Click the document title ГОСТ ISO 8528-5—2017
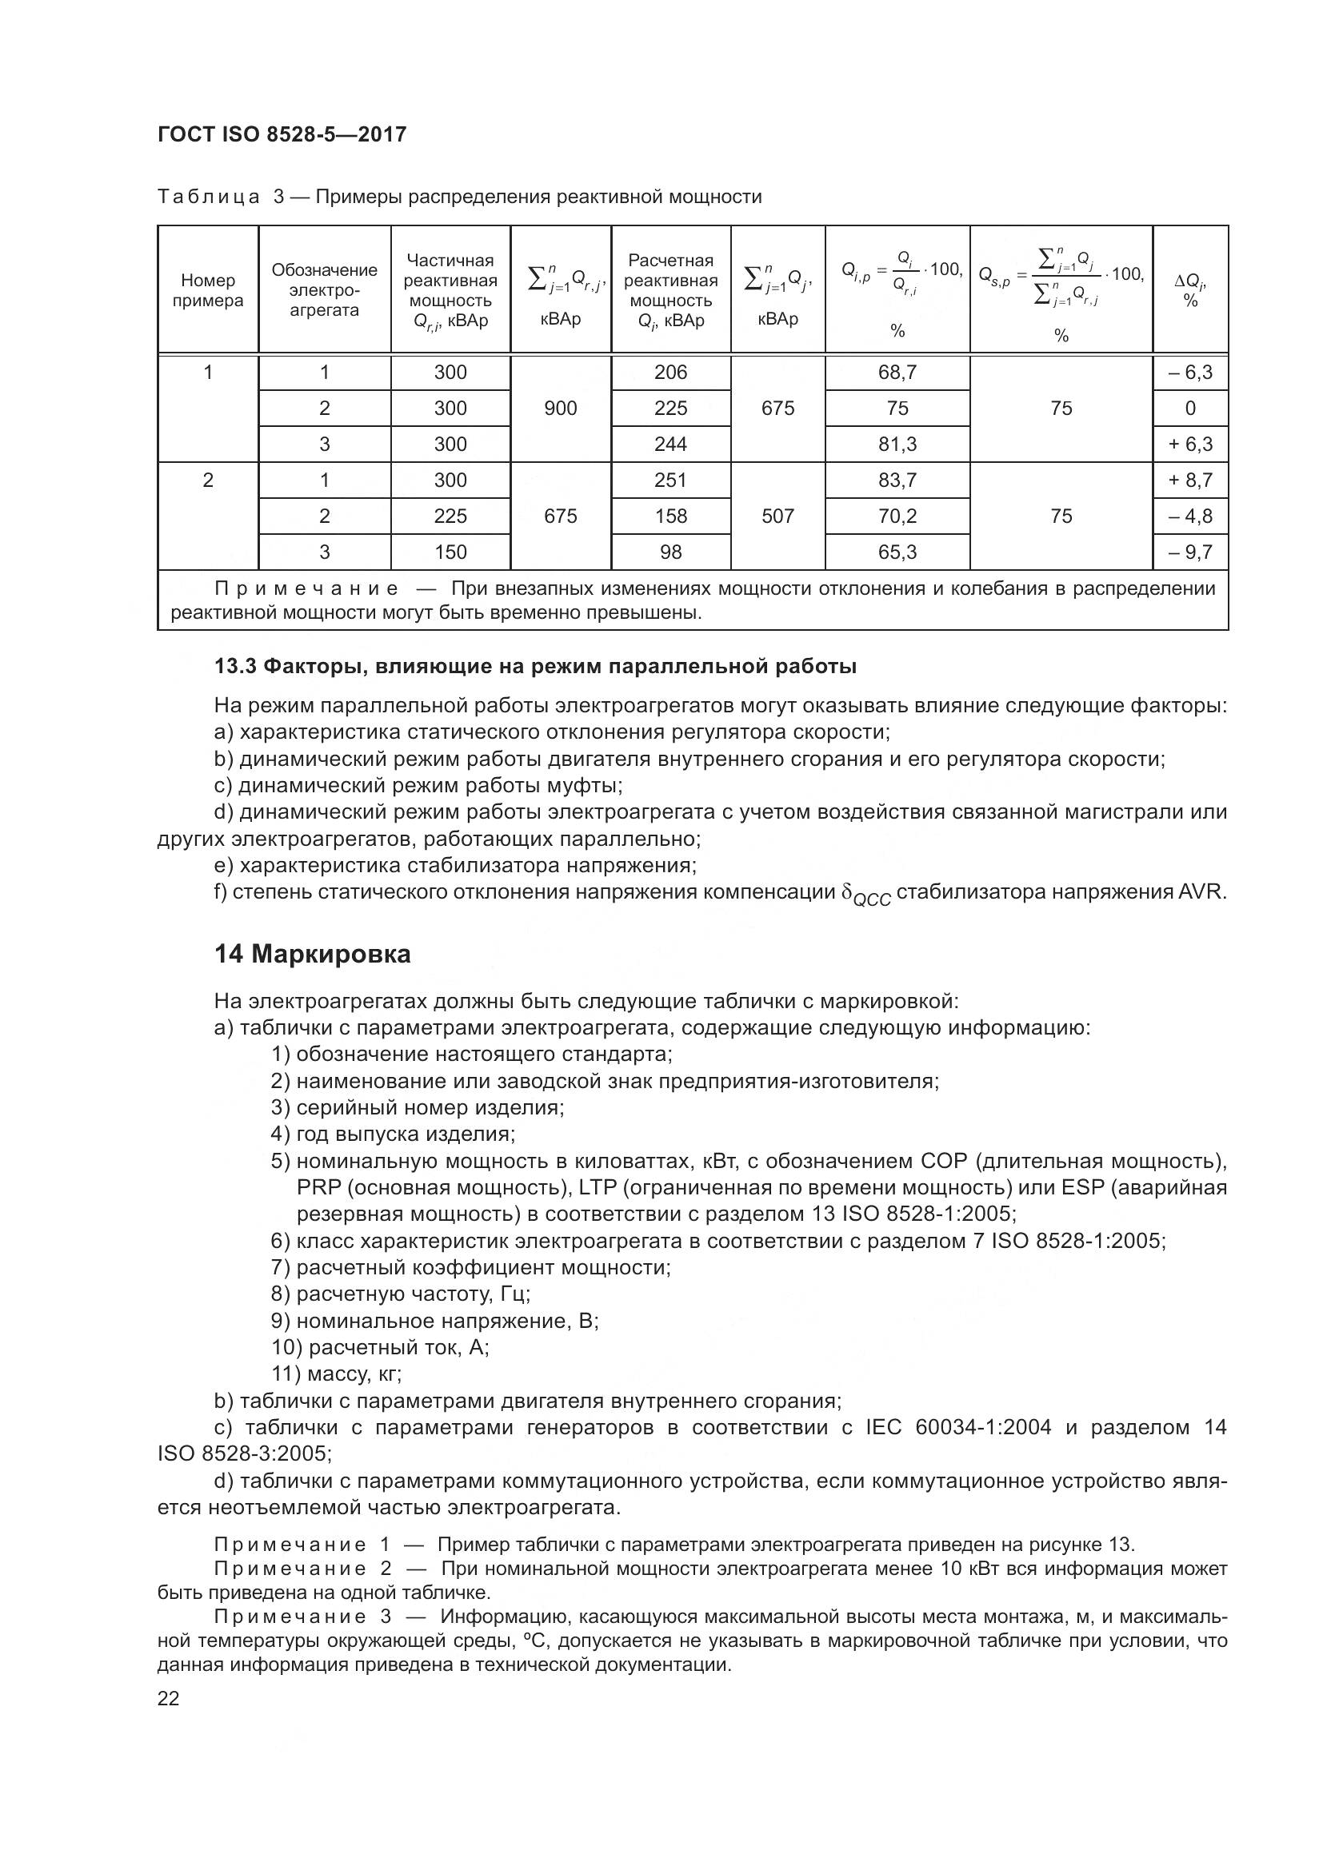(x=282, y=135)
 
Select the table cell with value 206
(x=670, y=373)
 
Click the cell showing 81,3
(x=897, y=444)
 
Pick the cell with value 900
(x=561, y=408)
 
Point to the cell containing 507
(x=777, y=516)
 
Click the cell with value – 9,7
(x=1190, y=552)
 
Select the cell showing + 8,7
(x=1190, y=480)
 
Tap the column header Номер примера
(x=208, y=290)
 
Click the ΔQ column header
(x=1190, y=290)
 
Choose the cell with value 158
(x=670, y=516)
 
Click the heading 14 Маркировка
(x=313, y=954)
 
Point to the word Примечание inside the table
(x=306, y=588)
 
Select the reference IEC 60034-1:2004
(x=958, y=1427)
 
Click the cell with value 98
(x=670, y=552)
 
